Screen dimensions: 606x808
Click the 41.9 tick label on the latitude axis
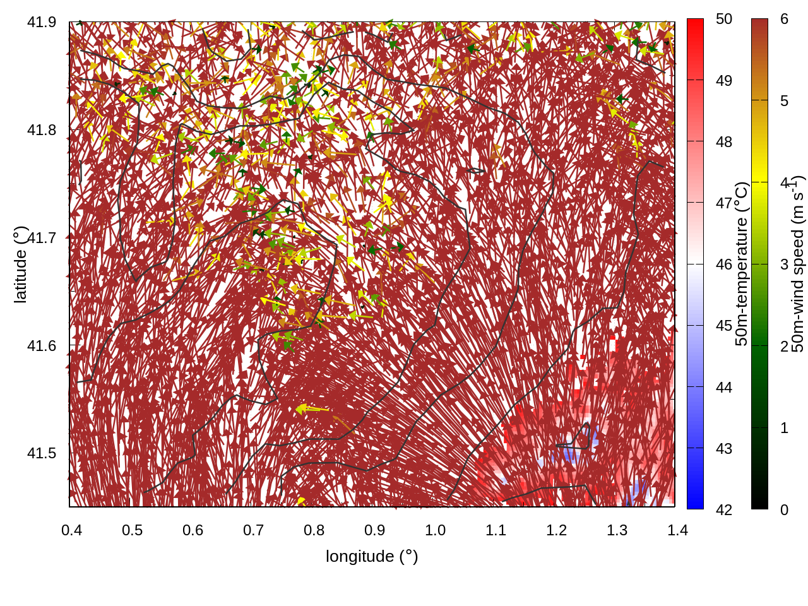coord(41,22)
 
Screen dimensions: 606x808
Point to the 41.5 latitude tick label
coord(41,453)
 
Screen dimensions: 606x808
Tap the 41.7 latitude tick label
coord(41,238)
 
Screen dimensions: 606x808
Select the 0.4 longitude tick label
coord(71,530)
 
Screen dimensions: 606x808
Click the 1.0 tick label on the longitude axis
coord(435,530)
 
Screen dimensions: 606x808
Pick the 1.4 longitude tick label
coord(677,530)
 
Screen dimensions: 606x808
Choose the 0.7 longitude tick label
coord(253,530)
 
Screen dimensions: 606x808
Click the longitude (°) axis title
coord(372,556)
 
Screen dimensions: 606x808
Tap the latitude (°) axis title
coord(20,264)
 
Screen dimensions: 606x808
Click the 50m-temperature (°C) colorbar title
coord(742,264)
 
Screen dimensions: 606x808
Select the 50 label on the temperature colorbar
coord(724,19)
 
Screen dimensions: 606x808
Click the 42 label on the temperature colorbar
coord(724,509)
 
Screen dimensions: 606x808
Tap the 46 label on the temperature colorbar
coord(724,264)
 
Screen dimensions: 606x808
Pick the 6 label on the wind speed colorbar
coord(784,19)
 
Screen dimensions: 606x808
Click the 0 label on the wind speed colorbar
coord(784,509)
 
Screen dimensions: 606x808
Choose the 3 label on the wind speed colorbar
coord(784,264)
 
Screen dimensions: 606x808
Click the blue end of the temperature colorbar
coord(695,502)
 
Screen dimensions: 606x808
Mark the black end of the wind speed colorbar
coord(759,503)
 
